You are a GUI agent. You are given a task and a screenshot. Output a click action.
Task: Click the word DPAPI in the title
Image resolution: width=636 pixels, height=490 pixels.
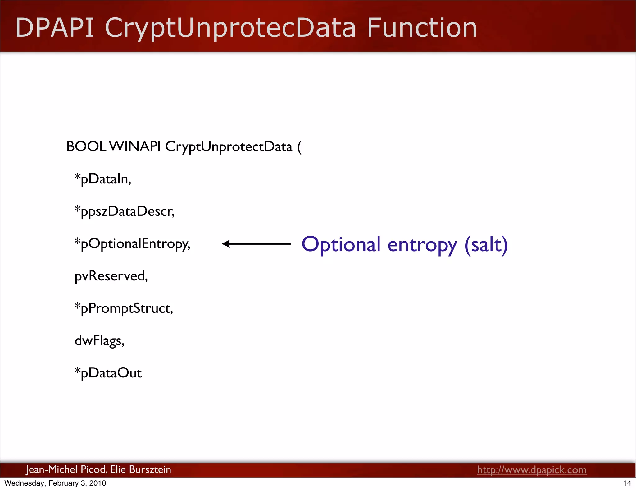pos(55,28)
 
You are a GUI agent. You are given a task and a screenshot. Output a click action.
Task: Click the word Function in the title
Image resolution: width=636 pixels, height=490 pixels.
pos(422,28)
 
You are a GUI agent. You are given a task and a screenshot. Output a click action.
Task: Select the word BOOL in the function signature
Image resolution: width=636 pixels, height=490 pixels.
pos(86,147)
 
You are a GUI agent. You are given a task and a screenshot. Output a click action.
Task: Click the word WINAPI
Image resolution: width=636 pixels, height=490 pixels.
pos(135,147)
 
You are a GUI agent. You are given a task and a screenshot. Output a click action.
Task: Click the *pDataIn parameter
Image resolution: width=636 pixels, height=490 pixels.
pos(103,179)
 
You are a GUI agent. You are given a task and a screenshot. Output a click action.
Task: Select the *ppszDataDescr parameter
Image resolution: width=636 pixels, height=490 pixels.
pos(124,212)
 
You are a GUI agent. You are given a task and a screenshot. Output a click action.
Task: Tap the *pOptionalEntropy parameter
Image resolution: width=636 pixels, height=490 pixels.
pos(132,244)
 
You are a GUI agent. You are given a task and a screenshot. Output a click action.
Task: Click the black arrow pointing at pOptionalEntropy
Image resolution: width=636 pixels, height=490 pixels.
pos(256,244)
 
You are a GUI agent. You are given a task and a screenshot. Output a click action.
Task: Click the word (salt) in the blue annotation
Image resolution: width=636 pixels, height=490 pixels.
pos(486,245)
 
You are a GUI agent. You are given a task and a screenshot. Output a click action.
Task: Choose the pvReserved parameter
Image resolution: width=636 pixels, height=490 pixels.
pos(111,276)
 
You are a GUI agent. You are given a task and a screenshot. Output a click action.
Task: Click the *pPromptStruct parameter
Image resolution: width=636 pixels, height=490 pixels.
pos(124,309)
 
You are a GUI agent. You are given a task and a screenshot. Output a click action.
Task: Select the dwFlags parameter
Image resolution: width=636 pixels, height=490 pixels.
pos(99,341)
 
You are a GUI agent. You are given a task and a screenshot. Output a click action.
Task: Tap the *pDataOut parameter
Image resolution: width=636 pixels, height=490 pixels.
pos(108,373)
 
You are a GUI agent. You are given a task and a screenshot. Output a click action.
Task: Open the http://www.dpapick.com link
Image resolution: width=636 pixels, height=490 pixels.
pos(532,470)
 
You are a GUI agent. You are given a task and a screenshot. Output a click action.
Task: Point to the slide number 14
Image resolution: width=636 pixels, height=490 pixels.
pos(627,483)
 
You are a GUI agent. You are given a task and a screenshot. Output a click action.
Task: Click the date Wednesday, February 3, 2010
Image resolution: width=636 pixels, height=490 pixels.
pos(55,483)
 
